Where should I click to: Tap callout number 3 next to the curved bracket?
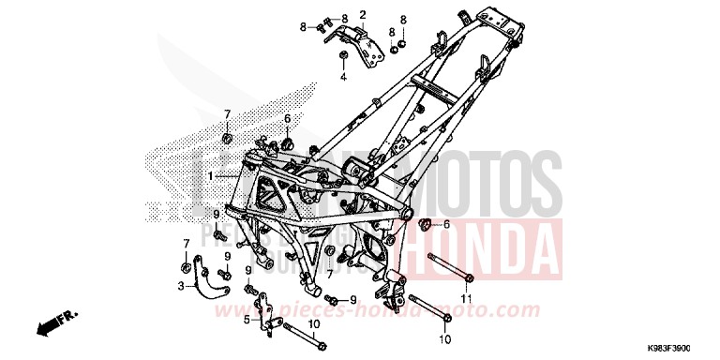pos(180,284)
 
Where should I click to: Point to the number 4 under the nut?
pos(343,77)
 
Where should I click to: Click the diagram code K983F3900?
pos(682,348)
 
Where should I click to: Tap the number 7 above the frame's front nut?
pos(226,114)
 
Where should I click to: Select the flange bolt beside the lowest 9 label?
pos(330,300)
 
